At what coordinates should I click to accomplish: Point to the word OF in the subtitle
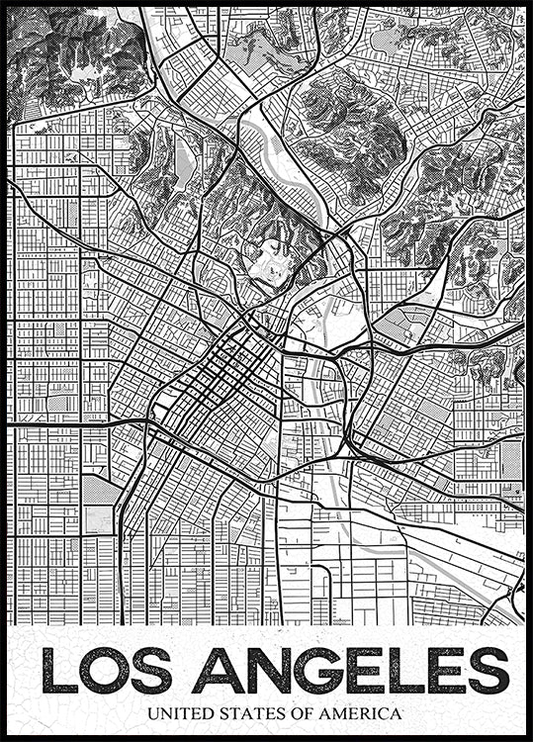[294, 712]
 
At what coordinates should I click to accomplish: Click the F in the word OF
[300, 712]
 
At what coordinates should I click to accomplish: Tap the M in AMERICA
[334, 712]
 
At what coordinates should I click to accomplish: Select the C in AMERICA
[380, 712]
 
